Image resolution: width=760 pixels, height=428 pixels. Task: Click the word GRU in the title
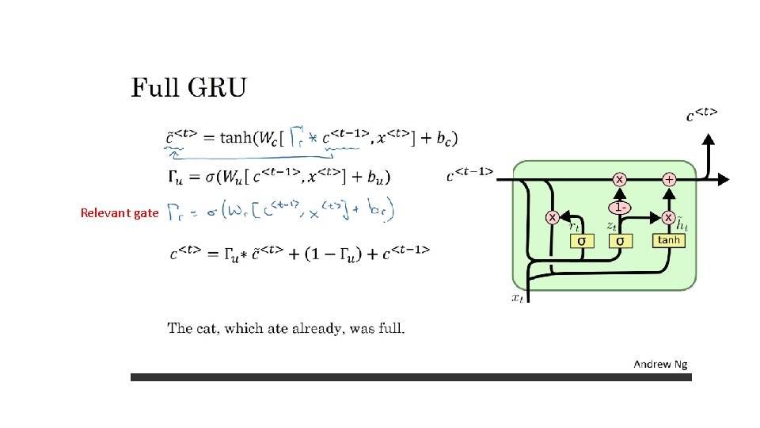tap(216, 87)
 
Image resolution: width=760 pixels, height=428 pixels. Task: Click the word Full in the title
tap(155, 87)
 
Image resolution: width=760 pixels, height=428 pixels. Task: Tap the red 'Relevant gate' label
tap(120, 212)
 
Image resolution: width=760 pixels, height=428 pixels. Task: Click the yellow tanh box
tap(669, 239)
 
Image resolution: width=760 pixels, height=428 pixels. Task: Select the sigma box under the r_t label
tap(582, 240)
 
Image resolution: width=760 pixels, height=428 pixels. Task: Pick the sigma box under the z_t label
tap(620, 240)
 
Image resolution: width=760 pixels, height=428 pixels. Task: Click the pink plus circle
tap(669, 180)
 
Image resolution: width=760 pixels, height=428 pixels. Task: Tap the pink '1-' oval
tap(620, 207)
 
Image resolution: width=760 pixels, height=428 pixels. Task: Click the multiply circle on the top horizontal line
tap(620, 180)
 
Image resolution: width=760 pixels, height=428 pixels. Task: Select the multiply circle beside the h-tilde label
tap(669, 216)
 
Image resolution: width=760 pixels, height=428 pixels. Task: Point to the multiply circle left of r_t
tap(553, 216)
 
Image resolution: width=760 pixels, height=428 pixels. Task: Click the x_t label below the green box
tap(518, 298)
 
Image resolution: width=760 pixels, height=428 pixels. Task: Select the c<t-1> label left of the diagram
tap(470, 173)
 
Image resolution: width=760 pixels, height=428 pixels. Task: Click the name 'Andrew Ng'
tap(660, 364)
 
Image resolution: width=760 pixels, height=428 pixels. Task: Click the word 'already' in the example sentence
tap(313, 328)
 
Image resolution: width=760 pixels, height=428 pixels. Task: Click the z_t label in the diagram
tap(612, 226)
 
